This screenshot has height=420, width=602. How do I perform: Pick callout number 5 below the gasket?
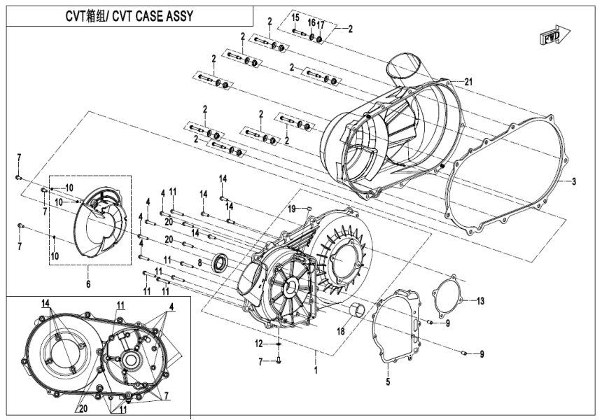point(387,382)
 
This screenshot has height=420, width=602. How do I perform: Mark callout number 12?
point(258,342)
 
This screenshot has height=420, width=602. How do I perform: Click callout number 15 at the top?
point(295,17)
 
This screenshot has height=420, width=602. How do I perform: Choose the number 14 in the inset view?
point(45,304)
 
